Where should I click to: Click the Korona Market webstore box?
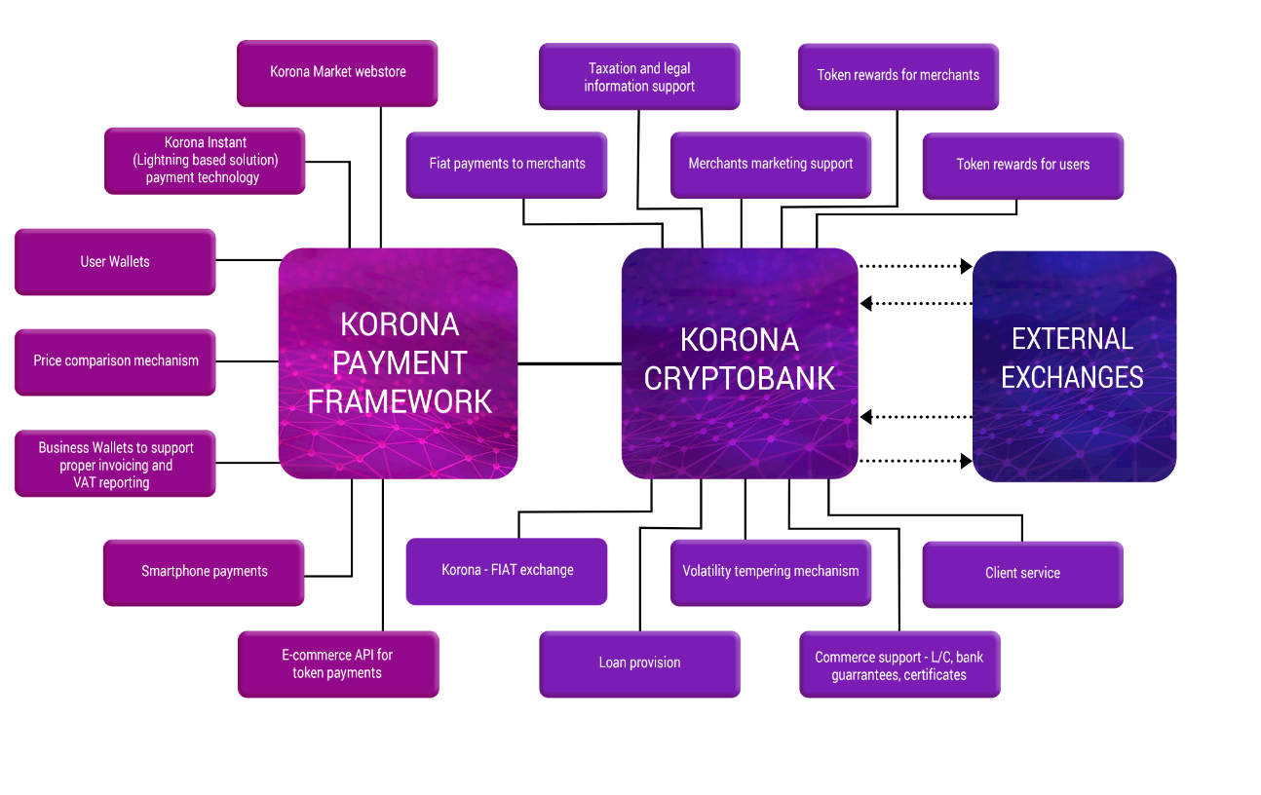(x=337, y=72)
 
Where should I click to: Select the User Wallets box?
(x=115, y=261)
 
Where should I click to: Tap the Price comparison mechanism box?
(x=115, y=361)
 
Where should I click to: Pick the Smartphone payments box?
(x=204, y=572)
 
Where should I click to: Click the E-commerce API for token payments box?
(x=337, y=663)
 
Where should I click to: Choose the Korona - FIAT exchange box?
(x=507, y=571)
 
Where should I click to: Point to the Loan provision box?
(x=639, y=663)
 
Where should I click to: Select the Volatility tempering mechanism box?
(x=770, y=572)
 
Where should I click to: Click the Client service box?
(x=1022, y=574)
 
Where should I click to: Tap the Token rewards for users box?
(x=1022, y=165)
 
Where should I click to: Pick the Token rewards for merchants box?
(x=898, y=75)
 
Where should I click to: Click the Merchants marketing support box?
(x=770, y=164)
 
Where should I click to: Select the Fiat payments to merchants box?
(x=507, y=164)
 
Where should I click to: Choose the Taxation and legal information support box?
(x=639, y=77)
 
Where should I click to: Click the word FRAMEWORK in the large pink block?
(x=400, y=400)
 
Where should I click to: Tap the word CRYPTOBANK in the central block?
(x=740, y=378)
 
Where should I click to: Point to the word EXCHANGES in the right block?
(x=1072, y=377)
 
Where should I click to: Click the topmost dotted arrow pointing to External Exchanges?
(x=916, y=265)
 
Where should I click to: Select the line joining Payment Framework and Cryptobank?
(x=569, y=363)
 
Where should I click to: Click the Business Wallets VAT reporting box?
(x=115, y=465)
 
